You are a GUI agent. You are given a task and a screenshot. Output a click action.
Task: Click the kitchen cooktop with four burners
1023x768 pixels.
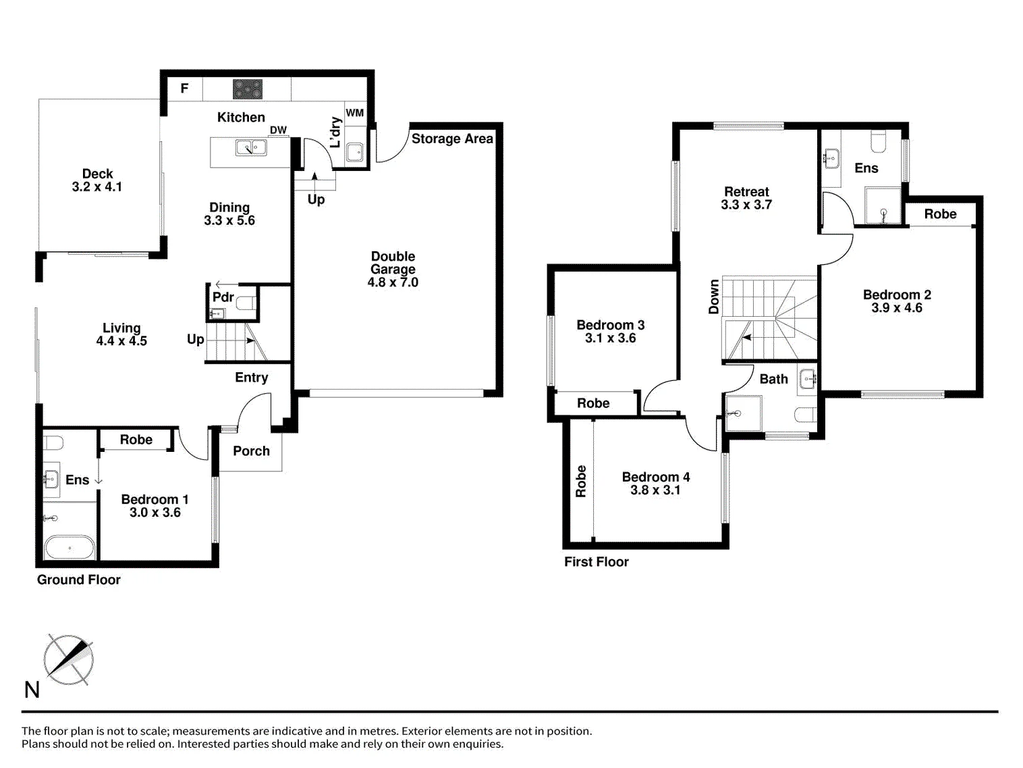coord(248,89)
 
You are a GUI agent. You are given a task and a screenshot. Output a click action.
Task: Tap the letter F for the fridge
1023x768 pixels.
coord(185,88)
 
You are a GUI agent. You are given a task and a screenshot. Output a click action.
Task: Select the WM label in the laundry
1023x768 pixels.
coord(355,113)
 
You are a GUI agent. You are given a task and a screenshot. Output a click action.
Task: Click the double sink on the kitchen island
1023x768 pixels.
coord(251,148)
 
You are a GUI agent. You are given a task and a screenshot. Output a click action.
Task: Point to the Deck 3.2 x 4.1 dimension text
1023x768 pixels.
coord(97,187)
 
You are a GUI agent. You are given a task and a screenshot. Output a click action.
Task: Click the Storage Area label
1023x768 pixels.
coord(452,139)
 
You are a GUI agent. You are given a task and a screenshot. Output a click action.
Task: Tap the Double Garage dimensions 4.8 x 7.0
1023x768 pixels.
coord(393,282)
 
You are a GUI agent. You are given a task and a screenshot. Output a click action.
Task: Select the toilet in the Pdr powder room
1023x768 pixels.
coord(246,304)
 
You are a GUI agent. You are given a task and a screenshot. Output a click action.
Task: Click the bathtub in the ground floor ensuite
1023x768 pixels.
coord(70,547)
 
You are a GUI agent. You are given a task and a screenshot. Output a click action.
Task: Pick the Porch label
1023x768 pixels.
coord(251,451)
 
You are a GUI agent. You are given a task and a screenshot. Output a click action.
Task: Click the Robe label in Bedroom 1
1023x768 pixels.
coord(136,440)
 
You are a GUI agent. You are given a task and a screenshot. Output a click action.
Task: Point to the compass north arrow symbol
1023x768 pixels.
coord(69,659)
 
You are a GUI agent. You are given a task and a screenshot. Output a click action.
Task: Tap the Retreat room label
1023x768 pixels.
coord(746,192)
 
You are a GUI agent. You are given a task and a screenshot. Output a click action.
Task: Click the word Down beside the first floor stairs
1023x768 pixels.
coord(713,297)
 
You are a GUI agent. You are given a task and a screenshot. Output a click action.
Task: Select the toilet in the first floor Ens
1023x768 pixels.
coord(878,143)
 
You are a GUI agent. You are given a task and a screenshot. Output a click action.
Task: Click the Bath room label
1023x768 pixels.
coord(773,379)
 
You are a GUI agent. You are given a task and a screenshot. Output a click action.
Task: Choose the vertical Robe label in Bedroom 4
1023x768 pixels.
coord(581,481)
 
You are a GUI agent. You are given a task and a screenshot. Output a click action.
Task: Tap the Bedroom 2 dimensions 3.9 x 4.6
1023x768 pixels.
coord(897,308)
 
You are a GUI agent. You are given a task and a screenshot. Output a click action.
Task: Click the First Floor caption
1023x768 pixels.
coord(596,562)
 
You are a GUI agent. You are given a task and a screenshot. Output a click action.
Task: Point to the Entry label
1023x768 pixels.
coord(251,378)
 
